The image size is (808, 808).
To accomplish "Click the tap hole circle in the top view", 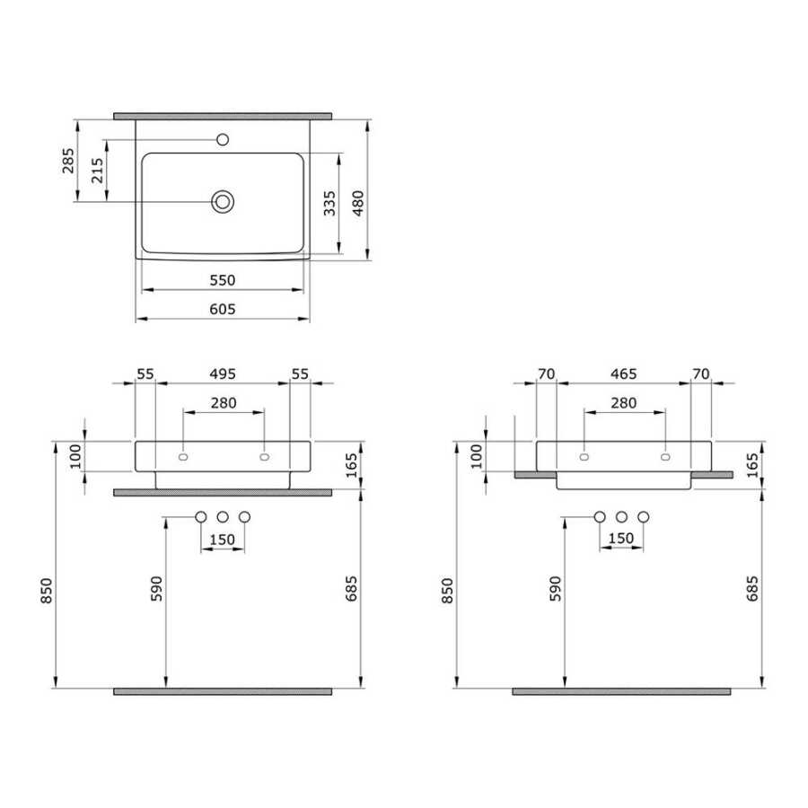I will coord(224,140).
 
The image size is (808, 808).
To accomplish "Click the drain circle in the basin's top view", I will coord(223,201).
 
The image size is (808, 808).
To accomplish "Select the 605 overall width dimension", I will coord(222,309).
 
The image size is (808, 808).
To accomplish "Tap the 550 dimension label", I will coord(222,280).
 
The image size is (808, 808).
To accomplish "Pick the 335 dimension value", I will coord(329,205).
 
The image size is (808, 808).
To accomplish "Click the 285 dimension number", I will coord(68,162).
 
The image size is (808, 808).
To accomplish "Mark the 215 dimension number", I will coord(97,171).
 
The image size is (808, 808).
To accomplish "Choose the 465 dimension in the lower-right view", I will coord(623,373).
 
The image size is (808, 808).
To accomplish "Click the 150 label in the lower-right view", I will coord(621,539).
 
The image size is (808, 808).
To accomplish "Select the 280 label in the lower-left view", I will coord(223,402).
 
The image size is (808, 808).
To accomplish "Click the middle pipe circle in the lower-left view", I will coord(222,516).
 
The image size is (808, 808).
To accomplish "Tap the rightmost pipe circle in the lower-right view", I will coord(644,516).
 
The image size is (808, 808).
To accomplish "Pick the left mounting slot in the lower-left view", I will coord(183,457).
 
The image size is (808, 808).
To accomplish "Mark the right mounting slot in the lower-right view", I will coord(664,457).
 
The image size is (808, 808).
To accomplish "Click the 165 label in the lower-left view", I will coord(351,464).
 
